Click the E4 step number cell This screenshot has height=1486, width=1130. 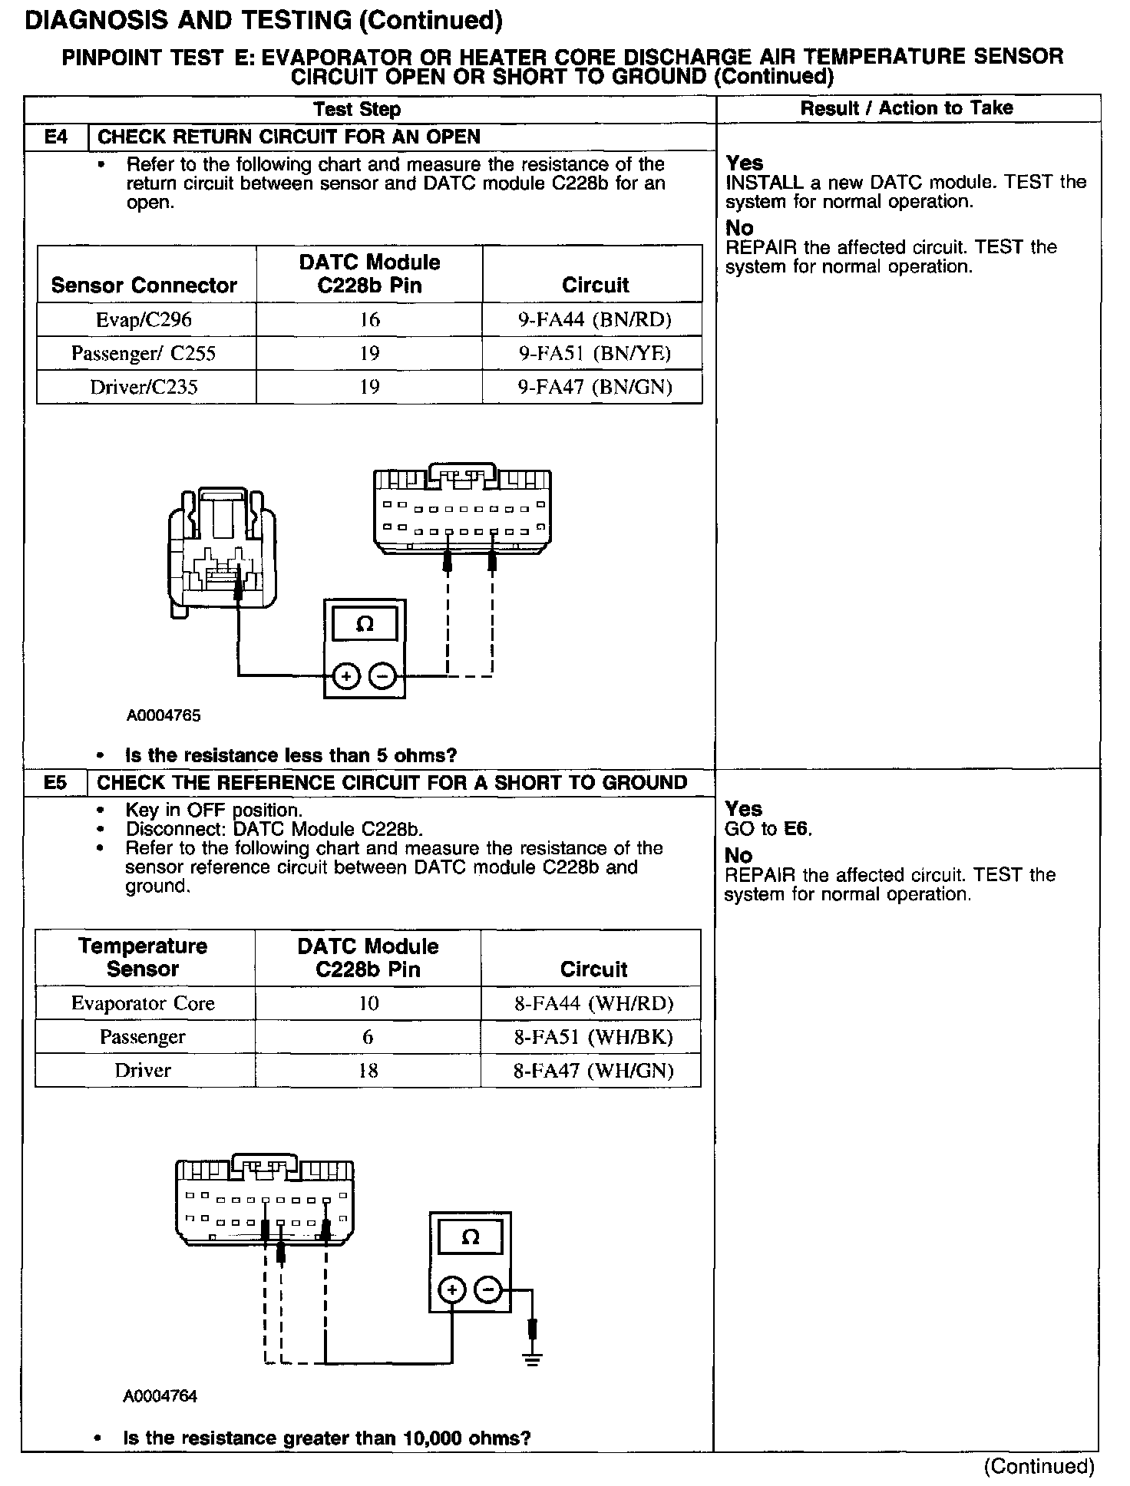coord(56,137)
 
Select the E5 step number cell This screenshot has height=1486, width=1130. coord(55,783)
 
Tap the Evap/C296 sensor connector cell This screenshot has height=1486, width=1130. coord(144,319)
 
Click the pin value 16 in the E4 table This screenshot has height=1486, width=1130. coord(370,319)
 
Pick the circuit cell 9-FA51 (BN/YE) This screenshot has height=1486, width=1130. coord(594,353)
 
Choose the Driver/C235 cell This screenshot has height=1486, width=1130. coord(144,387)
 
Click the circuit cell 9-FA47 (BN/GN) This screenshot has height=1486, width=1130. coord(594,387)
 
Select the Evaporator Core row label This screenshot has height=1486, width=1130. coord(143,1003)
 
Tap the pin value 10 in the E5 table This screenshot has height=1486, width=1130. coord(368,1003)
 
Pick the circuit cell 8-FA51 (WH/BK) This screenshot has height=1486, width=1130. coord(593,1037)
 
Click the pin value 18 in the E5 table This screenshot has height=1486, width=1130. coord(368,1071)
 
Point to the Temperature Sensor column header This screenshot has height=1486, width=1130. coord(143,957)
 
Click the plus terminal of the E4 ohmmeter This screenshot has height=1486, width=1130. coord(346,676)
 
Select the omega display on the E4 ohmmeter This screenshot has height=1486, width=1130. coord(365,624)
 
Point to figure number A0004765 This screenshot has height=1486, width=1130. coord(164,716)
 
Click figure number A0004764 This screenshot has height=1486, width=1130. coord(160,1396)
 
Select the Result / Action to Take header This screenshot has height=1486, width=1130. coord(907,108)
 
